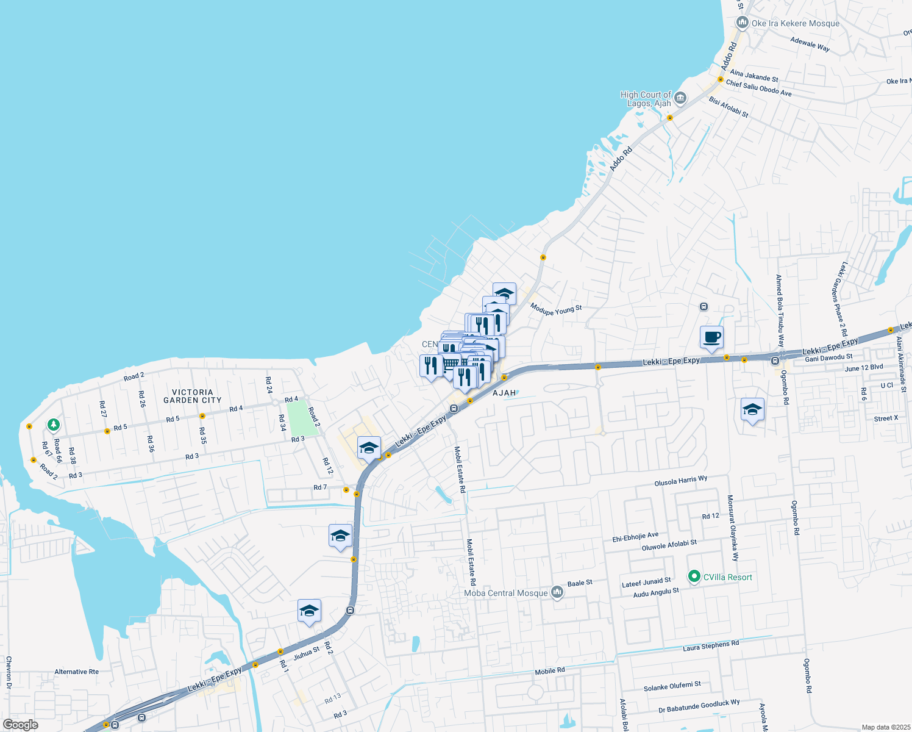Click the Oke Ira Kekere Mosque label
(x=795, y=24)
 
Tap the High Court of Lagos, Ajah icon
(x=680, y=98)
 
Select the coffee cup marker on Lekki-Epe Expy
(x=711, y=337)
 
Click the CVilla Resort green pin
(x=694, y=576)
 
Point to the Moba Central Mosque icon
(x=557, y=592)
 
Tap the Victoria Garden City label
(x=193, y=396)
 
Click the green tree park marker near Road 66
(x=54, y=424)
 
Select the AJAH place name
(x=504, y=393)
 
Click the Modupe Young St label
(x=556, y=310)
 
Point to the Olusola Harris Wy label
(x=681, y=481)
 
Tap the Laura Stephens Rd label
(x=710, y=645)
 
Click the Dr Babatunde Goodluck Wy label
(x=699, y=706)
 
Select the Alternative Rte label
(x=76, y=672)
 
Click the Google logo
(x=21, y=725)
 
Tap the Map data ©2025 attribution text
(x=885, y=727)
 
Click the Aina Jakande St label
(x=754, y=76)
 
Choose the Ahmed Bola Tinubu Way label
(x=780, y=310)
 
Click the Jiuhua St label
(x=306, y=653)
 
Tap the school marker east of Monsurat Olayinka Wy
(x=752, y=409)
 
